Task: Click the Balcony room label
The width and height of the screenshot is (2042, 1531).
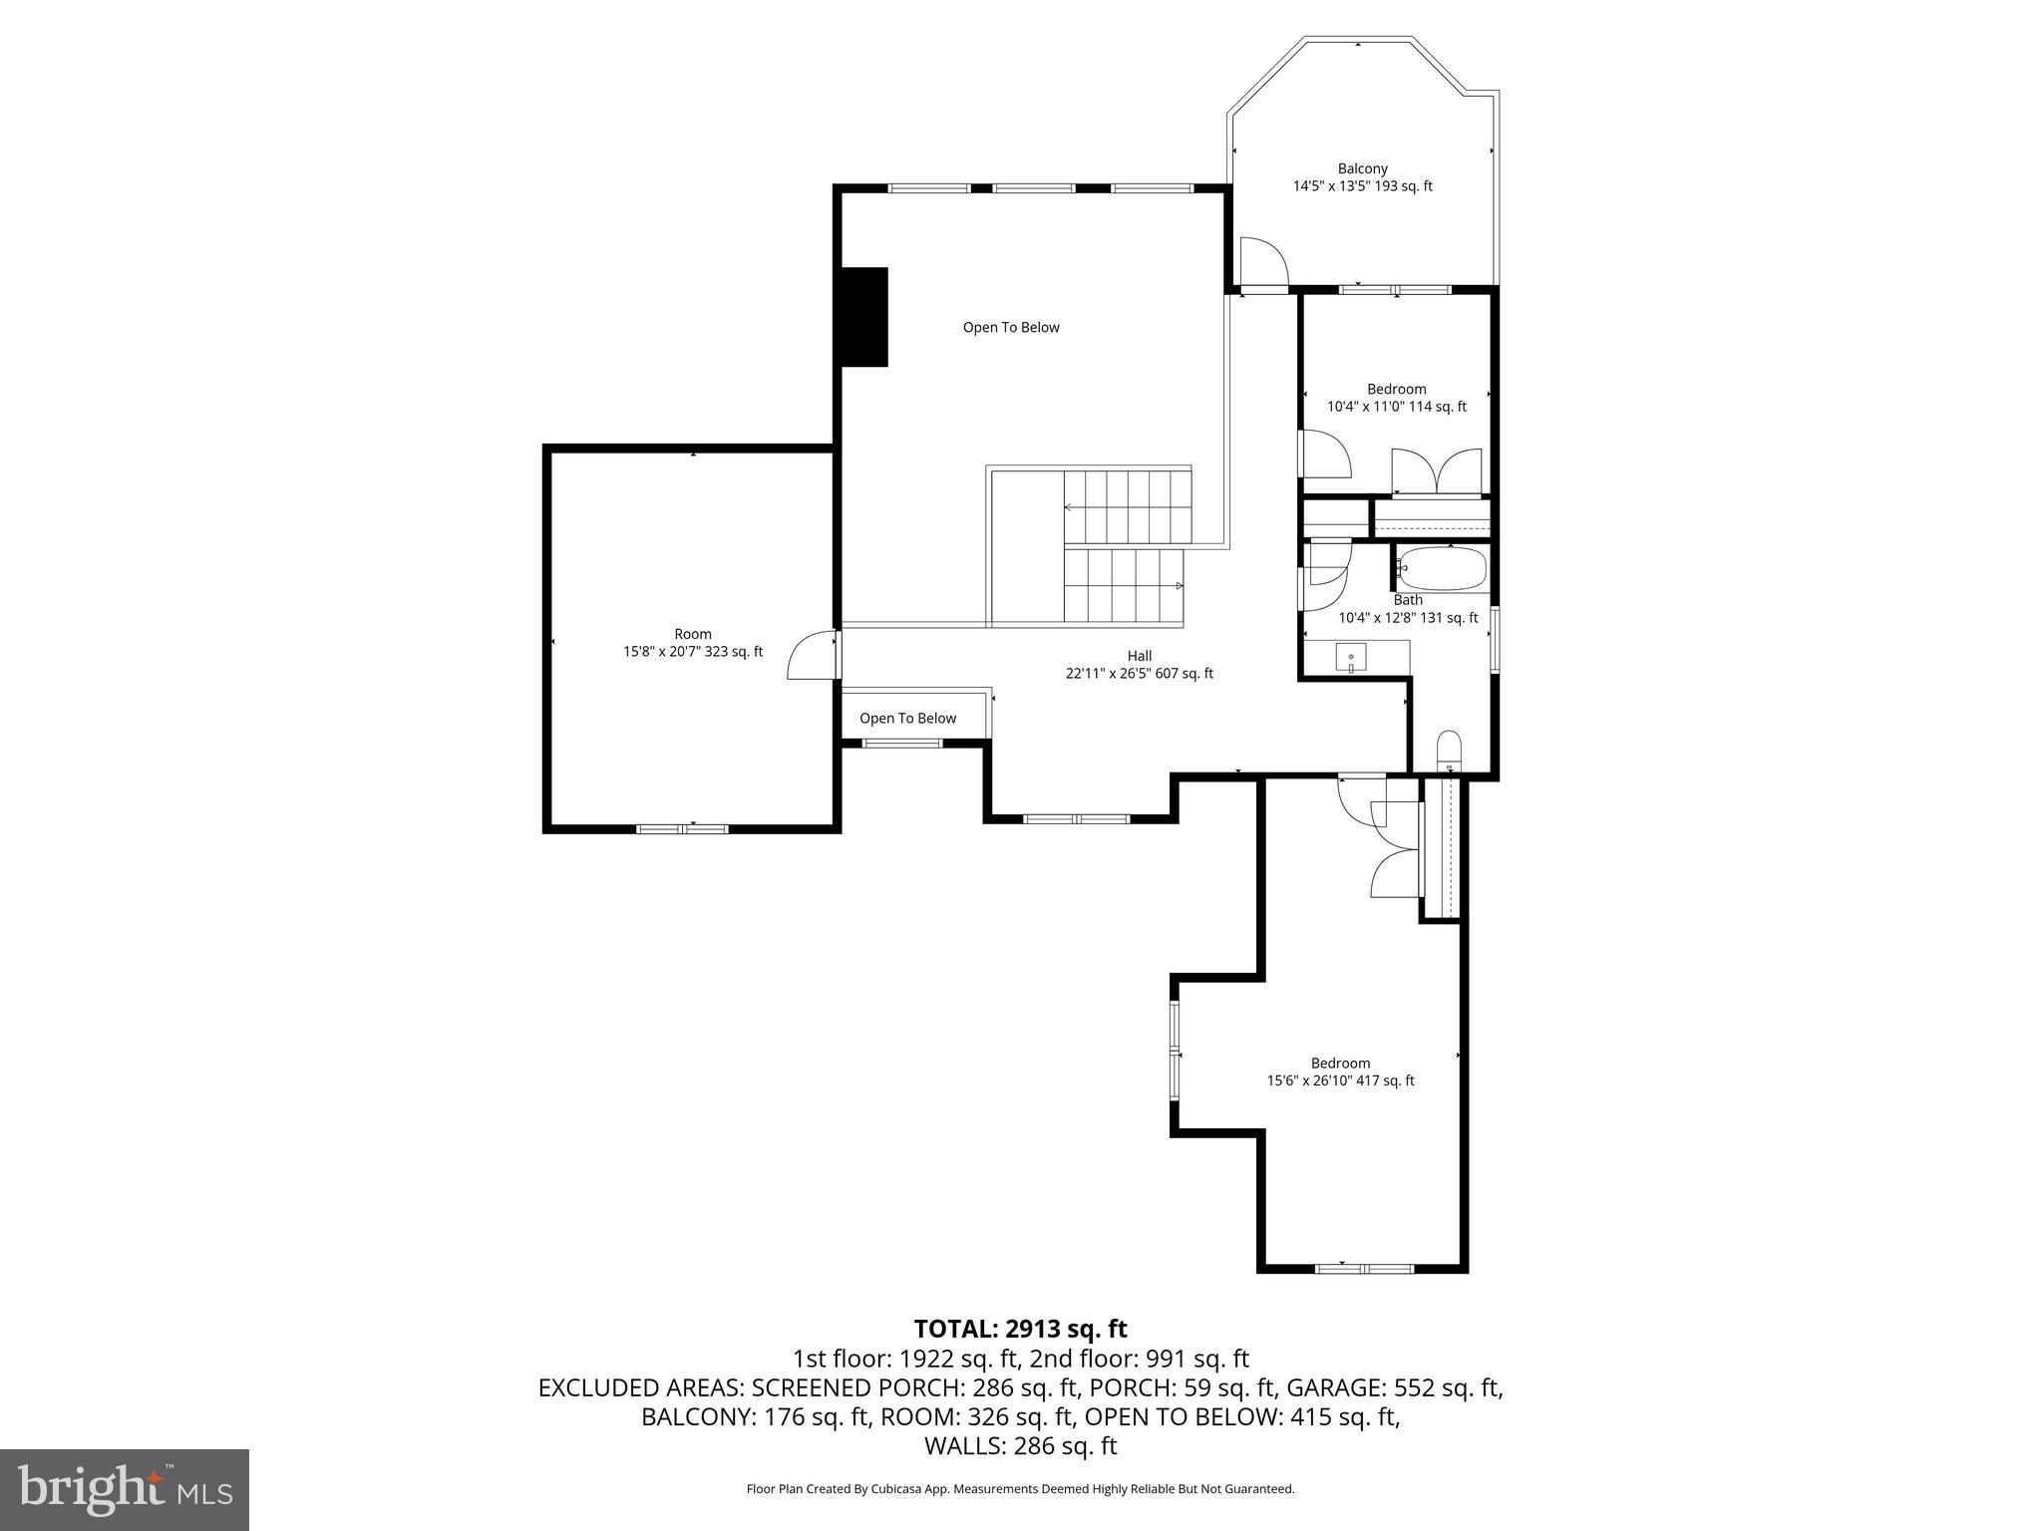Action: pyautogui.click(x=1362, y=169)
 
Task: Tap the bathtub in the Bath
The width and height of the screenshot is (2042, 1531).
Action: pyautogui.click(x=1442, y=569)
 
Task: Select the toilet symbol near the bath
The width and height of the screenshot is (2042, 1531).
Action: pyautogui.click(x=1449, y=750)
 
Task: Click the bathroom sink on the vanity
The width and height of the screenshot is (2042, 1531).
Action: pyautogui.click(x=1351, y=658)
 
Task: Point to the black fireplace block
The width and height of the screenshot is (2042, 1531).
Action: pyautogui.click(x=864, y=317)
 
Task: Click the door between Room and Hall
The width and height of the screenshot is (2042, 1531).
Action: pyautogui.click(x=814, y=655)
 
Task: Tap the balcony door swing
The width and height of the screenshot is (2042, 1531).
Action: pyautogui.click(x=1262, y=263)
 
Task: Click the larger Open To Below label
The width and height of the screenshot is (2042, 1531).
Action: pyautogui.click(x=1010, y=328)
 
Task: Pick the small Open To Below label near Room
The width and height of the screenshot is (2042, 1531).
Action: pyautogui.click(x=907, y=719)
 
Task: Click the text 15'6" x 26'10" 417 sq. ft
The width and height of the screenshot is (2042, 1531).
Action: pyautogui.click(x=1340, y=1080)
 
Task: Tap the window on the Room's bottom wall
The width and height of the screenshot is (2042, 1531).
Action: pyautogui.click(x=683, y=828)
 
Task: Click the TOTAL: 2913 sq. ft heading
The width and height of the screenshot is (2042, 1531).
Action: pyautogui.click(x=1020, y=1329)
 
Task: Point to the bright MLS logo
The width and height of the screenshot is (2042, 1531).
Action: pyautogui.click(x=124, y=1489)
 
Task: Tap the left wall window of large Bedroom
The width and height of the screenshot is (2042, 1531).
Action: pyautogui.click(x=1176, y=1054)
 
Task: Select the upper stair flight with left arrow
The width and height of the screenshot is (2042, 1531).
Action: pyautogui.click(x=1127, y=507)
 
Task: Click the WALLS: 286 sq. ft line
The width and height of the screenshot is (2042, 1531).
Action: pyautogui.click(x=1020, y=1445)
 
